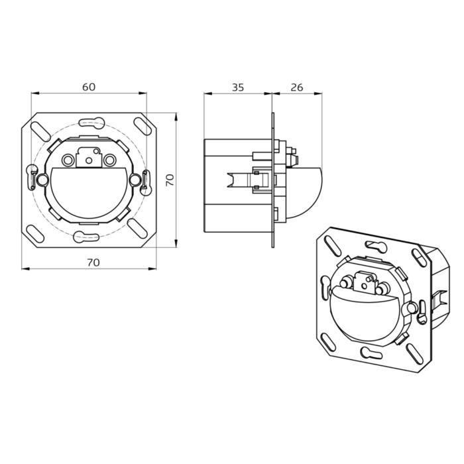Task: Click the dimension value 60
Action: click(89, 87)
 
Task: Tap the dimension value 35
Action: click(238, 87)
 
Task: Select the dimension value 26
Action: click(297, 87)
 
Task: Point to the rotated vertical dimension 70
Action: click(170, 180)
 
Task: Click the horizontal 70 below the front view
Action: click(93, 262)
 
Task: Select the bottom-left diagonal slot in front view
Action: click(35, 234)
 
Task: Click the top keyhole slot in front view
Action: click(91, 123)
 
